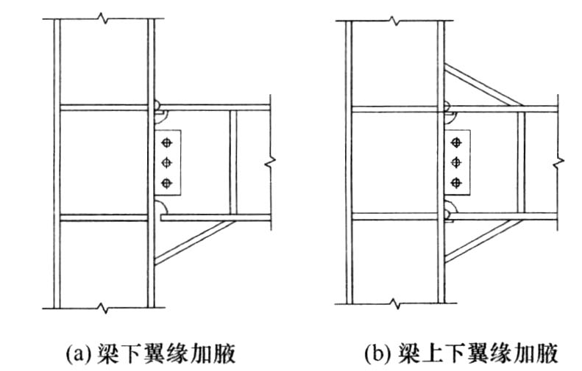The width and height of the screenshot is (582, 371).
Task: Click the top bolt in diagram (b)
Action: (458, 141)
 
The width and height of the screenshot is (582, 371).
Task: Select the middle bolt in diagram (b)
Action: (458, 162)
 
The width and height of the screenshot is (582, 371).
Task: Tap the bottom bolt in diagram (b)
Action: (458, 182)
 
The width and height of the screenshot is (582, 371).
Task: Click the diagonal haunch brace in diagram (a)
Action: (195, 241)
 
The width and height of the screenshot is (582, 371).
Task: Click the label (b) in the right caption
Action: (376, 356)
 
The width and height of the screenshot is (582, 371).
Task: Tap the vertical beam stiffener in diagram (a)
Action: (233, 162)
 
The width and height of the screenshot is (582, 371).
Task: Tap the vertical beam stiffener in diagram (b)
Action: (521, 162)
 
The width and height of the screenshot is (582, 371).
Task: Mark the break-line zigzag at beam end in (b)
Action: (558, 160)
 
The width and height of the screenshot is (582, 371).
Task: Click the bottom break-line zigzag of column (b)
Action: (394, 302)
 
